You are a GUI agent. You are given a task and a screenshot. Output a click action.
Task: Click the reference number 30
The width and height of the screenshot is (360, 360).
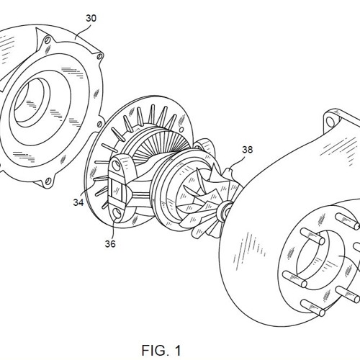(91, 18)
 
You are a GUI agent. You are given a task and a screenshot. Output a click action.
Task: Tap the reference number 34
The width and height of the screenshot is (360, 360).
(78, 202)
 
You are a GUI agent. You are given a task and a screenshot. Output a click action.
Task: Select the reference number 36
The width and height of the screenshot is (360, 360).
(110, 243)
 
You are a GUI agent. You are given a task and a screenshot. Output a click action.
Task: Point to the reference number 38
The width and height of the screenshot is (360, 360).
(248, 150)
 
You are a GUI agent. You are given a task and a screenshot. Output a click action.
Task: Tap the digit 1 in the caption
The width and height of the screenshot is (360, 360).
(178, 351)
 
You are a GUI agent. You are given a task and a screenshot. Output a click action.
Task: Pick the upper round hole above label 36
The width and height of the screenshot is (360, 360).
(117, 165)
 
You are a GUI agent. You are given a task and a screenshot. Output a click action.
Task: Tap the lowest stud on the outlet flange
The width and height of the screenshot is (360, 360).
(312, 307)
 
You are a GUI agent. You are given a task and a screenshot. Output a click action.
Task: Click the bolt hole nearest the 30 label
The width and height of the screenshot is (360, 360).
(48, 40)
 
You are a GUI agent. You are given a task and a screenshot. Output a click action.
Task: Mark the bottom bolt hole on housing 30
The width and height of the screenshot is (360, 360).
(48, 181)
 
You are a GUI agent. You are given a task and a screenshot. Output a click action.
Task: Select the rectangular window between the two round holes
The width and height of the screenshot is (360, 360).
(117, 189)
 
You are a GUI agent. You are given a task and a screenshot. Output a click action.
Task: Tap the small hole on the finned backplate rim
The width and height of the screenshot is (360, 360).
(181, 130)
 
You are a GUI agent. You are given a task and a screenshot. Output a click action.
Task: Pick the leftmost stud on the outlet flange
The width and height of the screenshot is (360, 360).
(294, 279)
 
